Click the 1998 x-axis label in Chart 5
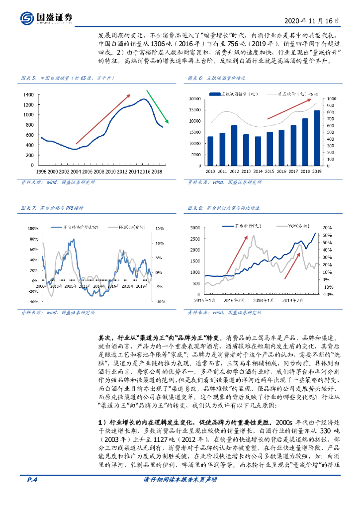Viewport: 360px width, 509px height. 41,171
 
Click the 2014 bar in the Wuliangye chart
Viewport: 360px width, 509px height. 258,151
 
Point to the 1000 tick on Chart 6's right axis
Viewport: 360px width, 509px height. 333,98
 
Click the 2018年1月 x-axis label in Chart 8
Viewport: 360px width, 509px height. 264,301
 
